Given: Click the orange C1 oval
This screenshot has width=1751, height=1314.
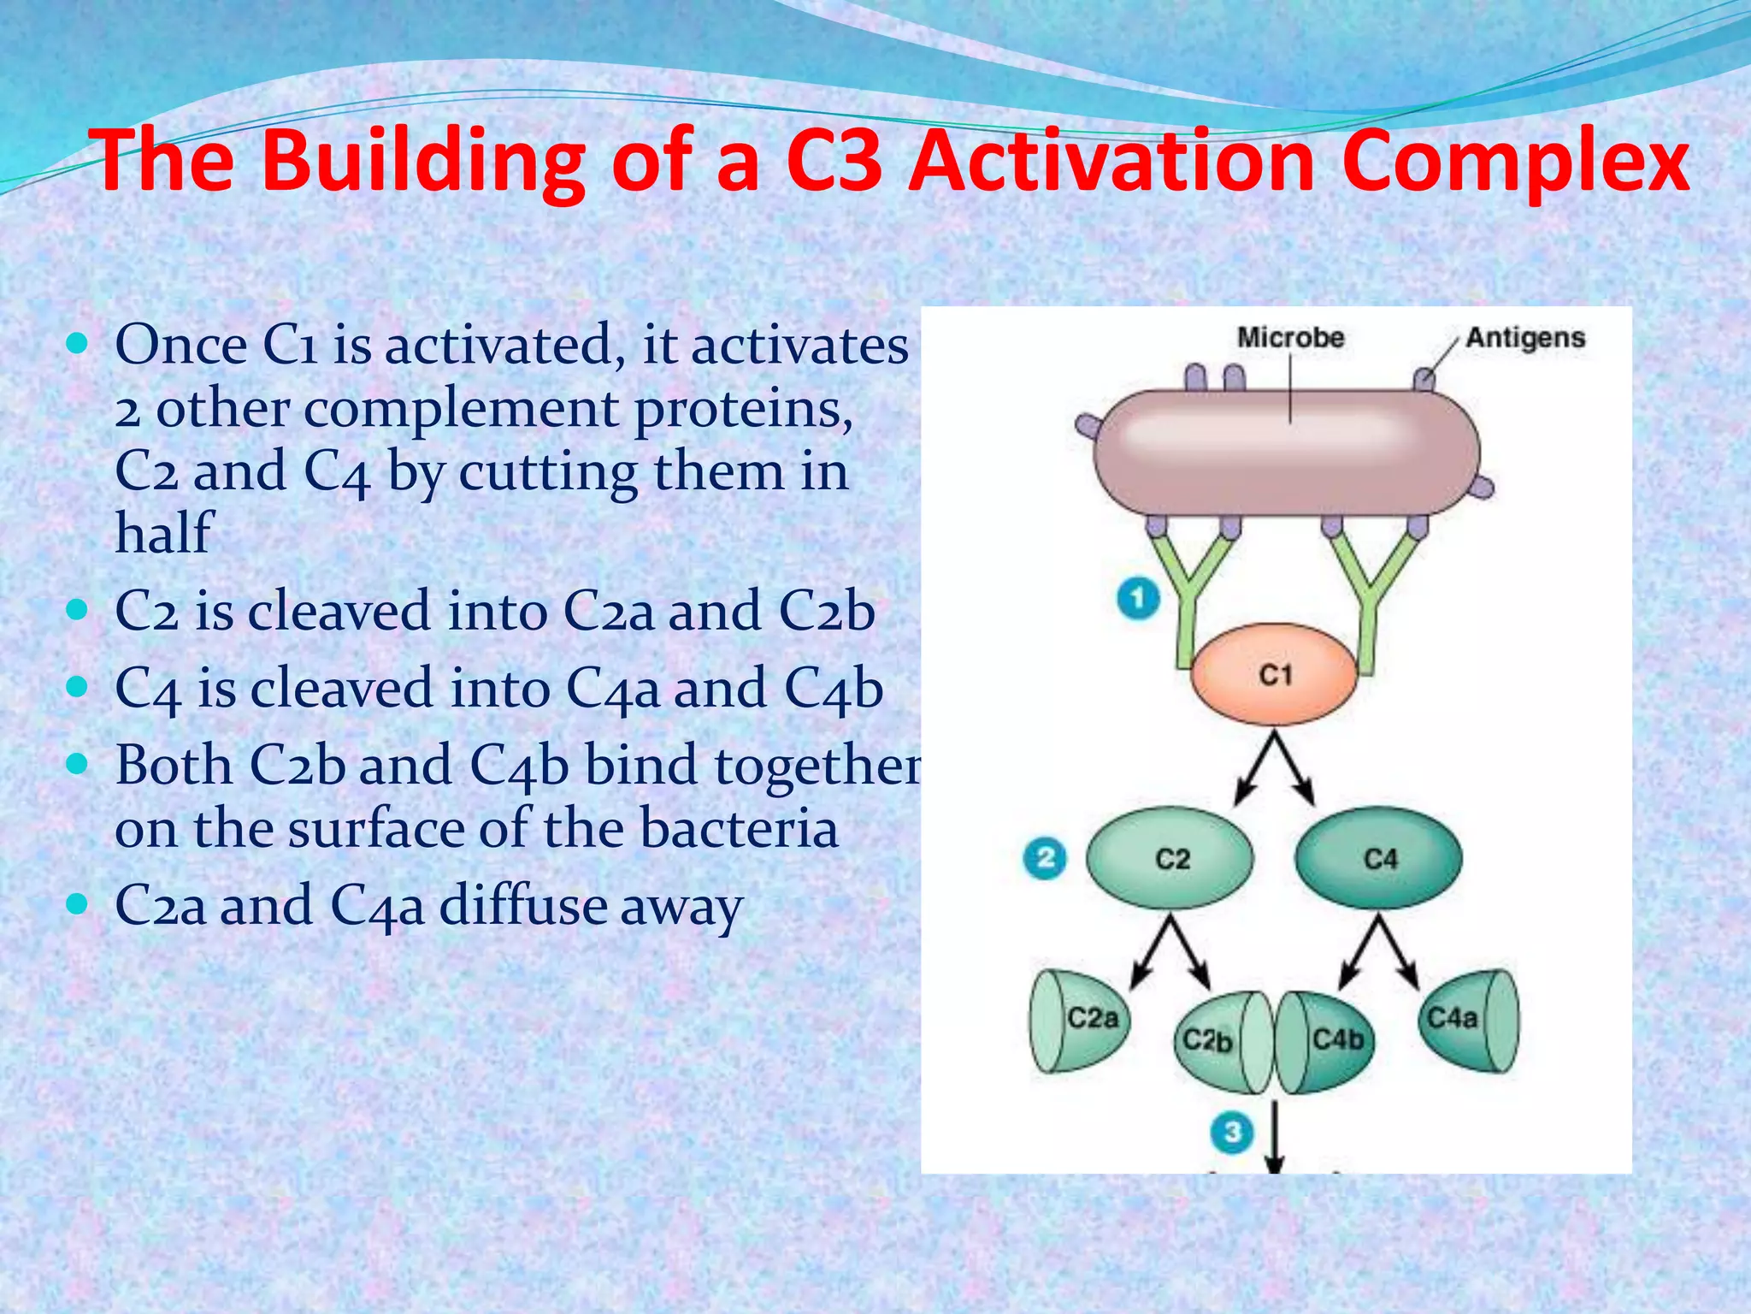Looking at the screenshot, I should tap(1274, 675).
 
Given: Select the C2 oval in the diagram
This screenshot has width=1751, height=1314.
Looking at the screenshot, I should tap(1170, 858).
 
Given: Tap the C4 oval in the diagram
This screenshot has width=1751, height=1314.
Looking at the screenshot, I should tap(1378, 858).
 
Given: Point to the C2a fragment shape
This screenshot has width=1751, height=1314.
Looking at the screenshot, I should tap(1079, 1021).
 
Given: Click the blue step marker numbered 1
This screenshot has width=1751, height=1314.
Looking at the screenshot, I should tap(1138, 598).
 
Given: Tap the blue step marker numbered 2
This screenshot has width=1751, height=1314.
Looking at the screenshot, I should tap(1045, 858).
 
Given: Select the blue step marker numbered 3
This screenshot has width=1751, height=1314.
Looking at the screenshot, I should tap(1232, 1133).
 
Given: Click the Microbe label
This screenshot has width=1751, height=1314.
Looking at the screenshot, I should tap(1290, 337).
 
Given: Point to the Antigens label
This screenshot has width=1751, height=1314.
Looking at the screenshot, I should tap(1525, 337).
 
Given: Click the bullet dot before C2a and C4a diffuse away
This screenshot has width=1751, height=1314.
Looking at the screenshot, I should tap(78, 903).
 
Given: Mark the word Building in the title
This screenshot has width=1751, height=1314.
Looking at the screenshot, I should tap(424, 163).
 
